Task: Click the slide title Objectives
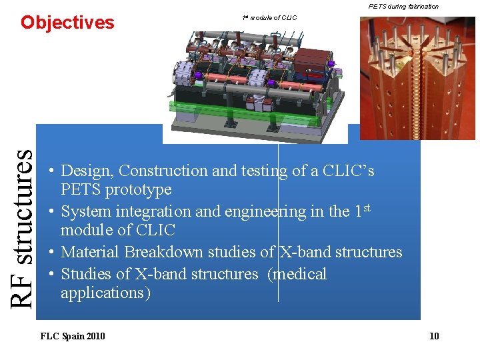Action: pos(67,23)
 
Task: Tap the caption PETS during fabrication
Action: pos(403,6)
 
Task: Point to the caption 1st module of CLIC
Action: pos(269,17)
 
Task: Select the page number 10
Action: pos(434,336)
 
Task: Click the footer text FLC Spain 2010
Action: pos(73,336)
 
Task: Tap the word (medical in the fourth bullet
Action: pos(297,274)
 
